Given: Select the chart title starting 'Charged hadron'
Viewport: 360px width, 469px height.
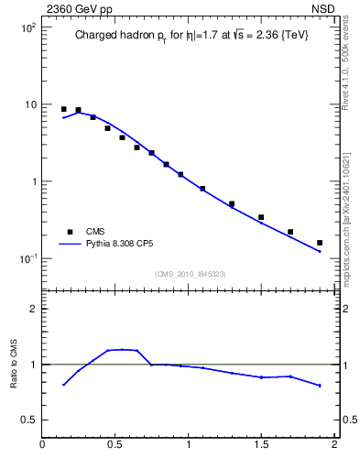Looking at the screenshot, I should (190, 38).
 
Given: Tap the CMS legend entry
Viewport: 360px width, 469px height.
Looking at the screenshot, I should (97, 232).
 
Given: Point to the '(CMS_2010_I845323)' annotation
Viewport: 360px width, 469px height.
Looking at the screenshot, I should (190, 274).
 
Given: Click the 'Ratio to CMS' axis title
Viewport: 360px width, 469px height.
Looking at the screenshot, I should (14, 365).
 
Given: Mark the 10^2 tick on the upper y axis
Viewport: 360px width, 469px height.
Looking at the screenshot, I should (27, 27).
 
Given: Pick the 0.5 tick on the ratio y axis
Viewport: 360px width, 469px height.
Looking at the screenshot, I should (28, 420).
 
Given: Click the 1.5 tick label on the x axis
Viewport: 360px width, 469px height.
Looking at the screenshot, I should (262, 445).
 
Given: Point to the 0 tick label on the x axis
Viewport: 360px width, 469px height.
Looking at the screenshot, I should (42, 445).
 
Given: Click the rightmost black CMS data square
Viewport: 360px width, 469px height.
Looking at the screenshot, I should (320, 243).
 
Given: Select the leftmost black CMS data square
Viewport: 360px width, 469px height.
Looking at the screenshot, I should (63, 109).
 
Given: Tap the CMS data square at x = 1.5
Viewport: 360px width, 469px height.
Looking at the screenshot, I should (261, 217).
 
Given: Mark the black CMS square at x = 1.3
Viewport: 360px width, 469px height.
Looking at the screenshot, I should (232, 203).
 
